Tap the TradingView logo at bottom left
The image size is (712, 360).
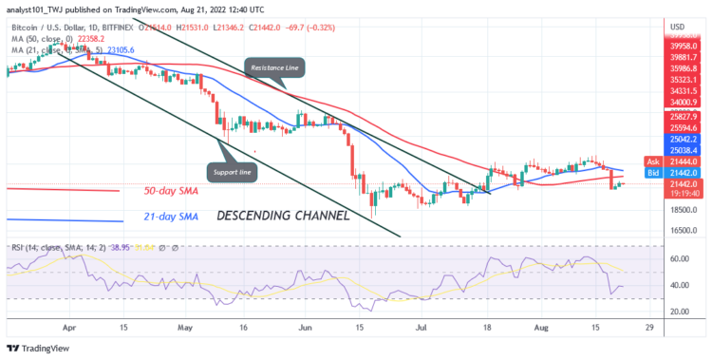[x=43, y=348]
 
